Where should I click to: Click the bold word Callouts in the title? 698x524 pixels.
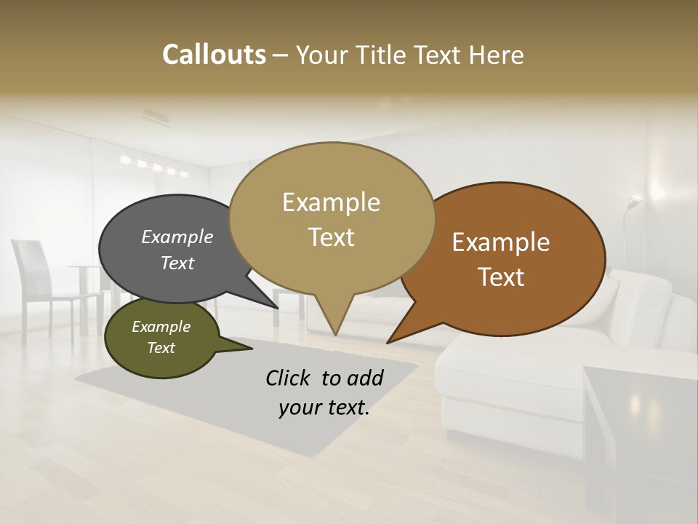coord(214,55)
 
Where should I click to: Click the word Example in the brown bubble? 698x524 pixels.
coord(501,242)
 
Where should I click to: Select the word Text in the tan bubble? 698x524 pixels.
coord(332,237)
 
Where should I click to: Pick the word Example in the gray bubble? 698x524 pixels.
coord(177,237)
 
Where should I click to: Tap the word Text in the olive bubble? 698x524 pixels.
coord(161,348)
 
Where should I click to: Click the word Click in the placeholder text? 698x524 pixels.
coord(289,378)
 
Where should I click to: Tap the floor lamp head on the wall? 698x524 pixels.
coord(635,202)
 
